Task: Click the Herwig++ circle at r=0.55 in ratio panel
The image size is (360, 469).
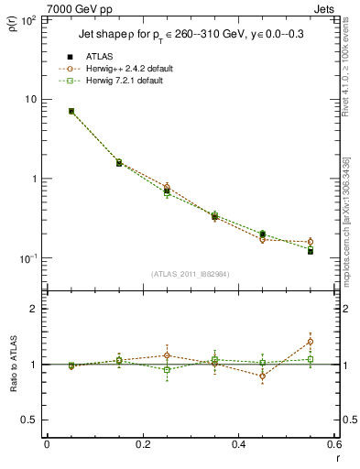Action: click(x=310, y=342)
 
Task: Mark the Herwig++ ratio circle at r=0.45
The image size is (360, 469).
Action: click(x=262, y=376)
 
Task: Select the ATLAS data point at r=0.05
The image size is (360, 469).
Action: click(x=71, y=111)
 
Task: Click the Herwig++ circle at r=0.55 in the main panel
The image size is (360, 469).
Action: click(x=310, y=242)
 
